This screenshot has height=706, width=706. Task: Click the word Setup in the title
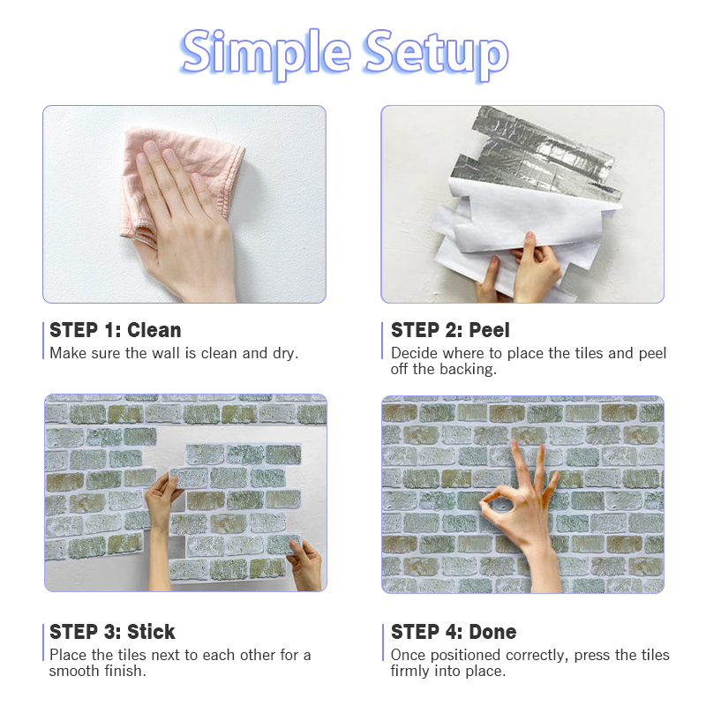(x=437, y=55)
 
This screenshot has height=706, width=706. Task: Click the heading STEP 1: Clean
(x=116, y=330)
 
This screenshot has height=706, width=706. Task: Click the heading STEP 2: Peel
(x=450, y=330)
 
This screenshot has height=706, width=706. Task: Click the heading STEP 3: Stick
(x=112, y=632)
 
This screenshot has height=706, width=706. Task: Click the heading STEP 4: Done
(x=454, y=632)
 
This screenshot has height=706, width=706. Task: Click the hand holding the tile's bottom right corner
(x=306, y=565)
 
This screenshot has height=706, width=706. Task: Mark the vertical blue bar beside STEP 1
(x=43, y=341)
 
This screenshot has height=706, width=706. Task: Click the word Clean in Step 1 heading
(x=154, y=330)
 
